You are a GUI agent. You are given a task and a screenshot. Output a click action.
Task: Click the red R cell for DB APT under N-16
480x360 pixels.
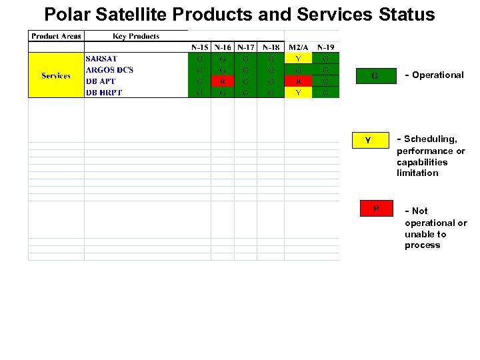223,81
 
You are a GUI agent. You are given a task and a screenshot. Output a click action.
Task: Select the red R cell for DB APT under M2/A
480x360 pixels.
298,81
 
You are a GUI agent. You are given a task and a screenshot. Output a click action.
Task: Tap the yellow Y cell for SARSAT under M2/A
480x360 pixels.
298,59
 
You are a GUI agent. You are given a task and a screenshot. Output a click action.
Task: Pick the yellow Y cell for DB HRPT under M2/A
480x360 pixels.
298,93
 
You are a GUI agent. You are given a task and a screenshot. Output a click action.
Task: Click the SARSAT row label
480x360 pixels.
101,59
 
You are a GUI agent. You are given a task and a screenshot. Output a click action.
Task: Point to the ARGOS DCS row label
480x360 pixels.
109,70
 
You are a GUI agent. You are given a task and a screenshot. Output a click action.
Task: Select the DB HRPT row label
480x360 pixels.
104,93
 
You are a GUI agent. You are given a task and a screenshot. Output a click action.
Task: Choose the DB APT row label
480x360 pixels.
101,81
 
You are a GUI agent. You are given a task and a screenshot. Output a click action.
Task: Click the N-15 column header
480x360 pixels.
199,47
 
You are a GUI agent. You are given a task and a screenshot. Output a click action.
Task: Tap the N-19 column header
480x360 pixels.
325,47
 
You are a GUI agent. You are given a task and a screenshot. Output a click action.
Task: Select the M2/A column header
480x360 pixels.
298,47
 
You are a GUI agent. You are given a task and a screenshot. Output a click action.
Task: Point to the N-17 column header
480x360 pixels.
246,47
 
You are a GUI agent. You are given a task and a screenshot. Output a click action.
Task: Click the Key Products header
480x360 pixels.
136,36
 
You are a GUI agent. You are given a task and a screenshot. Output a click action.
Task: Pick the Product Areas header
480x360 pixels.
56,36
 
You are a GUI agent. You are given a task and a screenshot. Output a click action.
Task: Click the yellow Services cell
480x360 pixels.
56,75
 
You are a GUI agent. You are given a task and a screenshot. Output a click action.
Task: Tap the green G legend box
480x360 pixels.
375,76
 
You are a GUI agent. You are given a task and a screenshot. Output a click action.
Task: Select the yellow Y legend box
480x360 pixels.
367,140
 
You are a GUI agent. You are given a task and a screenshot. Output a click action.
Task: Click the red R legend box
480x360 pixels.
376,209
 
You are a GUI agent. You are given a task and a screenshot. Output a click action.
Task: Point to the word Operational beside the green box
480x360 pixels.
437,75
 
